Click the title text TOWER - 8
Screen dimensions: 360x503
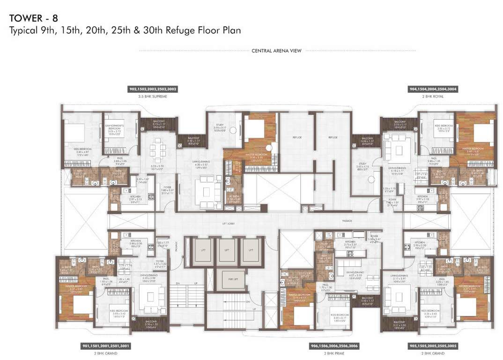click(33, 19)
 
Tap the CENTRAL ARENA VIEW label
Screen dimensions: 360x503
click(276, 51)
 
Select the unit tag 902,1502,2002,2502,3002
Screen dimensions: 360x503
click(153, 89)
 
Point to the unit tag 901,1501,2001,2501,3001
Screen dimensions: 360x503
click(105, 346)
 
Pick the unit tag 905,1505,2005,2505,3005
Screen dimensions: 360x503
click(433, 346)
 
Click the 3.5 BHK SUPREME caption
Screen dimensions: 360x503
click(153, 96)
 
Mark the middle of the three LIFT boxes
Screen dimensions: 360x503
click(227, 250)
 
